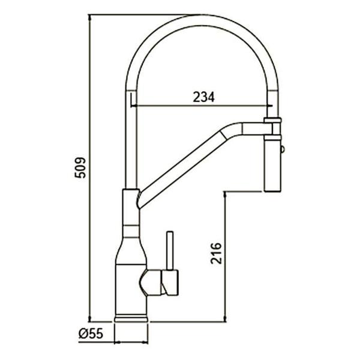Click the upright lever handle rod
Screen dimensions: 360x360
[170, 250]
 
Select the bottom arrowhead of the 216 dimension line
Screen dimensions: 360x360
[226, 318]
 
